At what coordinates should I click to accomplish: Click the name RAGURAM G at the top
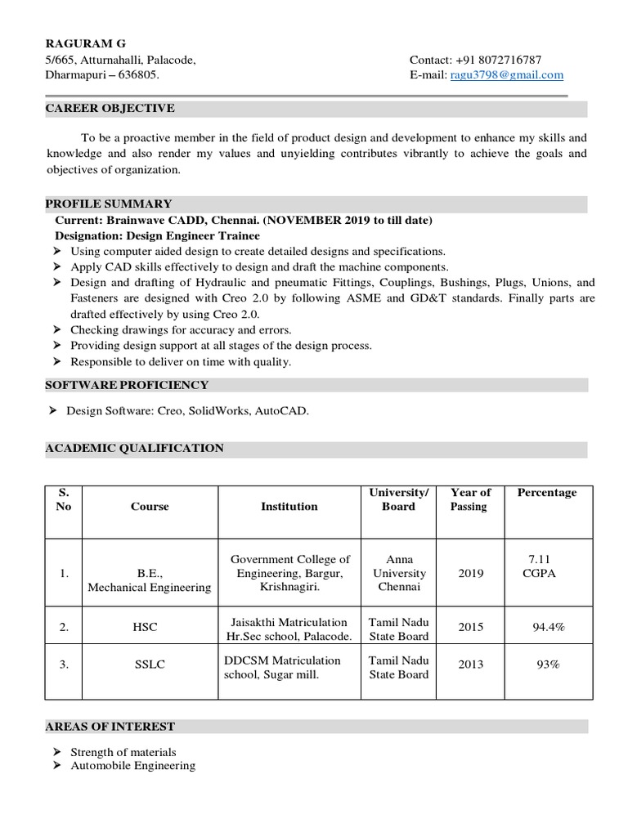click(85, 43)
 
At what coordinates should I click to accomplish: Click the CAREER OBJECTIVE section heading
click(110, 109)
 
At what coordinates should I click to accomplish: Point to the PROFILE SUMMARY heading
click(108, 204)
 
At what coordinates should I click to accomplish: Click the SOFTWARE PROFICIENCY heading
click(127, 385)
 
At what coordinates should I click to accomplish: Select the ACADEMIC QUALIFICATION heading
click(134, 448)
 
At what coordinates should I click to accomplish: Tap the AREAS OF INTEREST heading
click(110, 726)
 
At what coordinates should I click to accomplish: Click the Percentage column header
click(546, 493)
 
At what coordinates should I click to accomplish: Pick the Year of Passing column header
click(470, 499)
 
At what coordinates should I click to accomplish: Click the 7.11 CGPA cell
click(539, 566)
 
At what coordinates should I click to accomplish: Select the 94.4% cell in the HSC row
click(548, 627)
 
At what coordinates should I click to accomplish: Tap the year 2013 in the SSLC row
click(470, 665)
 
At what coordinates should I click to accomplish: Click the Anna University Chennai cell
click(399, 573)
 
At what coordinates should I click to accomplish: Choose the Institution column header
click(289, 507)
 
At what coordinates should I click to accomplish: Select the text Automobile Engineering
click(132, 766)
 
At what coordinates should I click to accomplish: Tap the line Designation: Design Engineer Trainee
click(157, 236)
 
